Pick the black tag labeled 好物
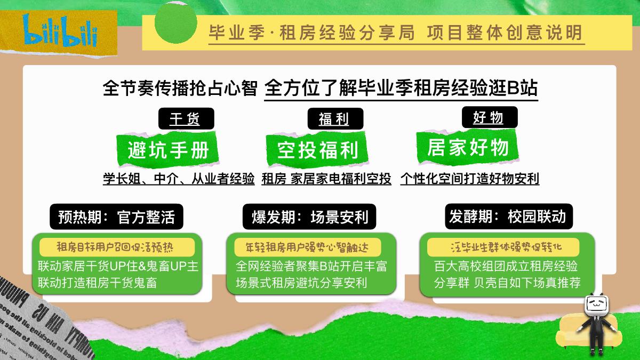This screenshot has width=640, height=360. tap(488, 117)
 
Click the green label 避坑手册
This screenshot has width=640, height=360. tap(168, 150)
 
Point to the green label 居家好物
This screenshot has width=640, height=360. tap(468, 147)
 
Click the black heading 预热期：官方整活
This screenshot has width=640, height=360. tap(117, 217)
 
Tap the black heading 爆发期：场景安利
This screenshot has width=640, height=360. tap(309, 217)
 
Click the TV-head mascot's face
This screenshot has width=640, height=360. tap(597, 306)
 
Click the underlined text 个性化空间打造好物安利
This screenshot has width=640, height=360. tap(469, 179)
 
